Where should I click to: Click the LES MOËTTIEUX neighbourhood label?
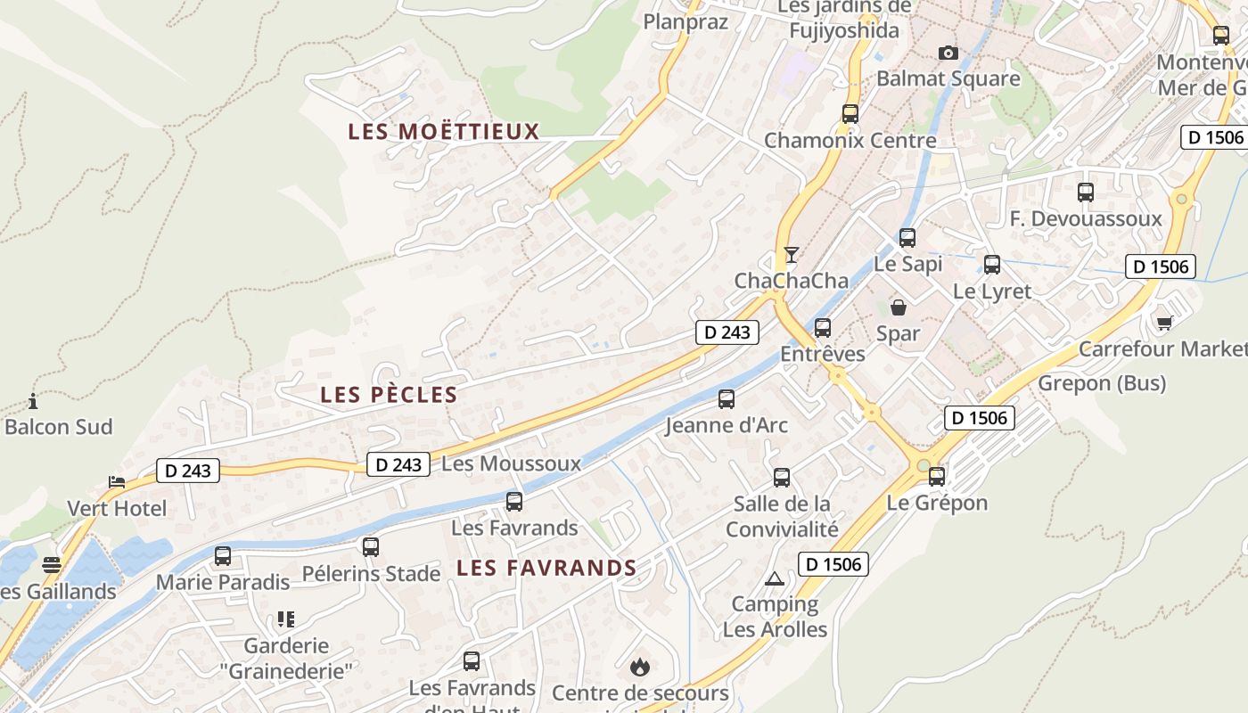[444, 132]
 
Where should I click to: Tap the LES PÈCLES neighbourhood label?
[389, 395]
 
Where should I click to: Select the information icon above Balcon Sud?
[33, 401]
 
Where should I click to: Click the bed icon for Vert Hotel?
[117, 482]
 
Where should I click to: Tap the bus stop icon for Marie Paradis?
[223, 556]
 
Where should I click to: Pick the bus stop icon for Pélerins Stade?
[371, 546]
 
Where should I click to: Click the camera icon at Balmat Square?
[948, 53]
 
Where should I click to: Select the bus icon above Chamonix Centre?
[850, 114]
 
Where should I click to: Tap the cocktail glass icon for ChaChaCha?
[791, 255]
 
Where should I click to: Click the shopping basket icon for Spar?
[899, 307]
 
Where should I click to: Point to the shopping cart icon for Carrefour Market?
[1164, 322]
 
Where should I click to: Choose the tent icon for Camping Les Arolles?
[774, 578]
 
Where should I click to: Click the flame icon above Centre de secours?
[639, 666]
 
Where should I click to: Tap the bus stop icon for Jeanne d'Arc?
[727, 398]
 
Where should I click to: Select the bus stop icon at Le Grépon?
[936, 476]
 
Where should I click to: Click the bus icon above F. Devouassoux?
[1086, 192]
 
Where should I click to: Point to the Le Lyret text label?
[991, 291]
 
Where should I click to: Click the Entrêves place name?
[823, 354]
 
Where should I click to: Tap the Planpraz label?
[686, 22]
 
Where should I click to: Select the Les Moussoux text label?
[511, 463]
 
